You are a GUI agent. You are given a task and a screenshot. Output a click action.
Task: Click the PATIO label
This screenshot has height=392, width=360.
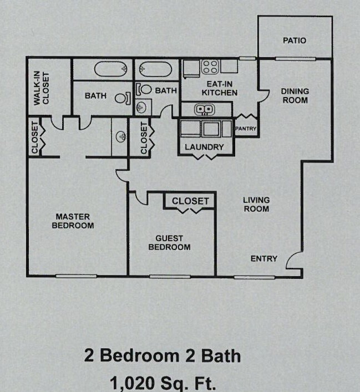click(x=295, y=40)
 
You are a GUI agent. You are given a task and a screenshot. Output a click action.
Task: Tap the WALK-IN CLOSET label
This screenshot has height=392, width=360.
click(x=42, y=88)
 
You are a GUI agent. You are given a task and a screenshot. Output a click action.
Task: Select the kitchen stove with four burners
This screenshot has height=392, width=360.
click(x=210, y=67)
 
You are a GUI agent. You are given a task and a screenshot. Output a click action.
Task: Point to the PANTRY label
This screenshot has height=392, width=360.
click(x=245, y=129)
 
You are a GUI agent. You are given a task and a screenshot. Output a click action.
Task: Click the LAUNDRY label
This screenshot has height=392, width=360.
click(x=204, y=147)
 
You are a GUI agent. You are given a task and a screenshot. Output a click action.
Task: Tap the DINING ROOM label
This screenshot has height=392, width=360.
click(x=295, y=95)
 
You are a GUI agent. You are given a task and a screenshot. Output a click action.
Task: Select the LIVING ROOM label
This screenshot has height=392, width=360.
click(x=256, y=204)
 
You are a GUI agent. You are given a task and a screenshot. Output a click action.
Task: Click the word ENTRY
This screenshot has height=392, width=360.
click(x=264, y=258)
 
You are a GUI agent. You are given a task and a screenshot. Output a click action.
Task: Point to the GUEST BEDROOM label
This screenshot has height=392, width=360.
click(x=169, y=242)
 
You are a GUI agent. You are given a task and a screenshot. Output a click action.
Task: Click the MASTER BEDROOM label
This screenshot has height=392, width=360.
click(x=73, y=221)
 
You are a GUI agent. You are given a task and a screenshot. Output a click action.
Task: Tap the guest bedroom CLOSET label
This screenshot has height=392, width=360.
click(x=190, y=201)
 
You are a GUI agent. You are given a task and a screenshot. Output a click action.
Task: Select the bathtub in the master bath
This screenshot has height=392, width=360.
click(x=111, y=69)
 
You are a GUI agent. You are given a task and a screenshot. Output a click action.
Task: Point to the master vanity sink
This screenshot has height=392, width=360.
click(x=120, y=135)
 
